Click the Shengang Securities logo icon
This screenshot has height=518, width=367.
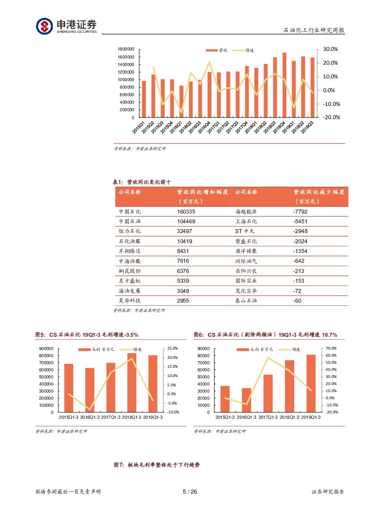pyautogui.click(x=44, y=26)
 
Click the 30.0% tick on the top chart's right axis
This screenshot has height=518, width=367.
pyautogui.click(x=330, y=49)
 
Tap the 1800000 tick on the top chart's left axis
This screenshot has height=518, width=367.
pyautogui.click(x=126, y=49)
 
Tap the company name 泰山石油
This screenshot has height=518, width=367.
pyautogui.click(x=246, y=300)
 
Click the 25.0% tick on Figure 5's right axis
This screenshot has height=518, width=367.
pyautogui.click(x=172, y=349)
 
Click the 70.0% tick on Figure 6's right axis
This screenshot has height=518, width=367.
pyautogui.click(x=331, y=349)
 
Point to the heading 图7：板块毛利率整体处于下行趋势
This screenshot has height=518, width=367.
pyautogui.click(x=157, y=465)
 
